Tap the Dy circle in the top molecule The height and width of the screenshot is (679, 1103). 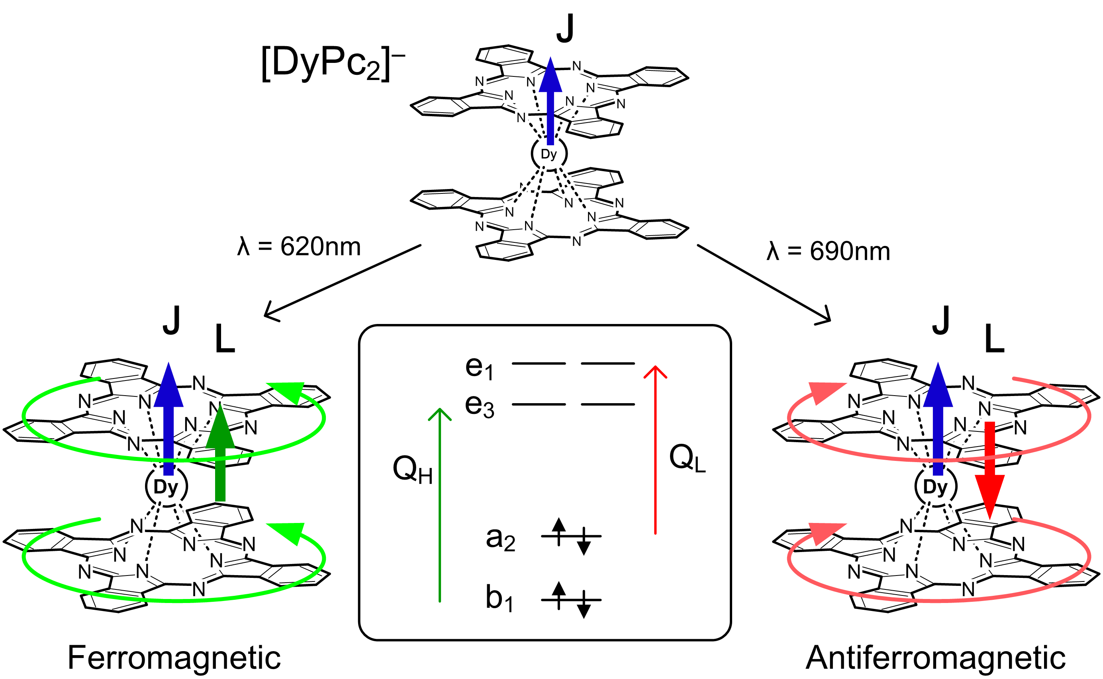pos(549,154)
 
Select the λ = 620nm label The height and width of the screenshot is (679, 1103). pos(299,246)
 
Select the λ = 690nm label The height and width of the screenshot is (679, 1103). pos(828,251)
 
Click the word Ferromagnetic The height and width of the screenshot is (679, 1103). pos(174,658)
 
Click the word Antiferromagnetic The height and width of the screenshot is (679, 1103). pos(935,658)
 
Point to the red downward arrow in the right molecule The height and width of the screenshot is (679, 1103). pos(989,472)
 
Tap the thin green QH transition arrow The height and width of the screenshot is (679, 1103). pos(440,503)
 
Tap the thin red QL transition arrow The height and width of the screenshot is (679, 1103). pos(655,449)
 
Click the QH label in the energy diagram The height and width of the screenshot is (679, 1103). pos(412,470)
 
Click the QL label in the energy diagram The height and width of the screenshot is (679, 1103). pos(687,459)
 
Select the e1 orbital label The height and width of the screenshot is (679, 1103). pos(479,368)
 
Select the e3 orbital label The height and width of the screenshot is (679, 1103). pos(479,406)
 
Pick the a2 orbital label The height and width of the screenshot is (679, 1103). pos(500,538)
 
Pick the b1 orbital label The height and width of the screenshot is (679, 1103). pos(499,598)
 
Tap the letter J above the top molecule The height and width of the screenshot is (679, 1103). pos(565,28)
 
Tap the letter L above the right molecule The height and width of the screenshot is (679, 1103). pos(994,339)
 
